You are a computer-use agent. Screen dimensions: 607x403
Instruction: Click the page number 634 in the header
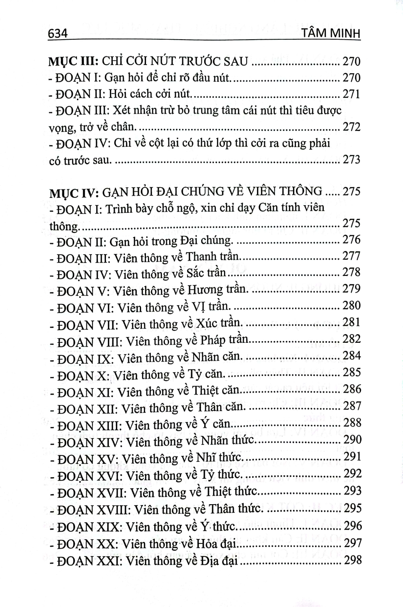[57, 34]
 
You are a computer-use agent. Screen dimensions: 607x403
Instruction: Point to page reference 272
[351, 127]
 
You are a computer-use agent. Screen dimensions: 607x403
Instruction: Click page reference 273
[351, 159]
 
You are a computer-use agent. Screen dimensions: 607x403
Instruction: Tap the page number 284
[351, 356]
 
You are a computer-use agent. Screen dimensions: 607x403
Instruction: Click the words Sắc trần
[206, 274]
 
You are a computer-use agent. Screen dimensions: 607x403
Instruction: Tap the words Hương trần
[216, 290]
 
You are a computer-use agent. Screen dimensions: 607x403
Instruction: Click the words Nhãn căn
[217, 357]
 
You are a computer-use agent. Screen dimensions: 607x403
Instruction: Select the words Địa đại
[218, 561]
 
